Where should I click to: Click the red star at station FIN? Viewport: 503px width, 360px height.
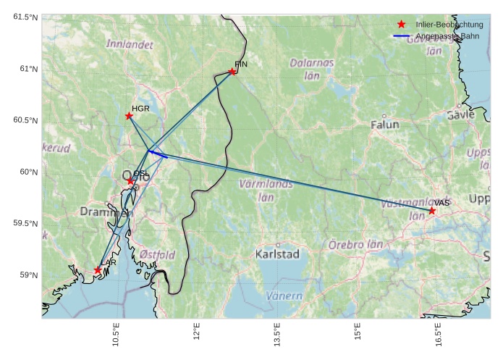click(232, 71)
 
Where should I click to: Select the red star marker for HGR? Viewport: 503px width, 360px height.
click(129, 116)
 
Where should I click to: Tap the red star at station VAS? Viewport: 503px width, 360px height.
click(432, 211)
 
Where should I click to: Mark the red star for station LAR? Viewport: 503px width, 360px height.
click(98, 270)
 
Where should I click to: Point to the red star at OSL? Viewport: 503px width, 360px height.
click(130, 181)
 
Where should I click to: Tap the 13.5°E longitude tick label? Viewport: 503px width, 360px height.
click(277, 335)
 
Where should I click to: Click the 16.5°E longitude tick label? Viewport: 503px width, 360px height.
click(438, 335)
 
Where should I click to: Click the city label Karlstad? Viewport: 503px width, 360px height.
click(277, 254)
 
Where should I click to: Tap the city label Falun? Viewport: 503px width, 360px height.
click(384, 125)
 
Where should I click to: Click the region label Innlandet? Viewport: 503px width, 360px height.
click(130, 44)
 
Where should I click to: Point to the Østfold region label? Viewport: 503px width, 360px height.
click(157, 255)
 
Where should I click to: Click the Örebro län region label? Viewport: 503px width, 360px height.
click(355, 245)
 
